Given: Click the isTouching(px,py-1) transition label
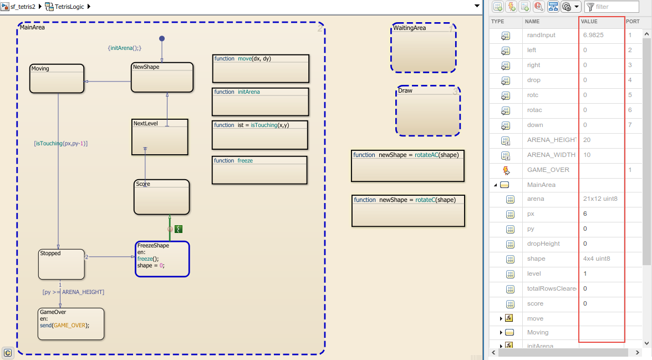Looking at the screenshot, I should pos(61,143).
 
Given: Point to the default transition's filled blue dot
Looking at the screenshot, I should pos(162,38).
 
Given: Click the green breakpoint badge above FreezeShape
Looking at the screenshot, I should pos(179,229).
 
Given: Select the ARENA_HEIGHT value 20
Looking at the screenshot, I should pos(587,140).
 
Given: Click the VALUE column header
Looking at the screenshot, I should pos(589,21).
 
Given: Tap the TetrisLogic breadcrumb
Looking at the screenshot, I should pos(69,7).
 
